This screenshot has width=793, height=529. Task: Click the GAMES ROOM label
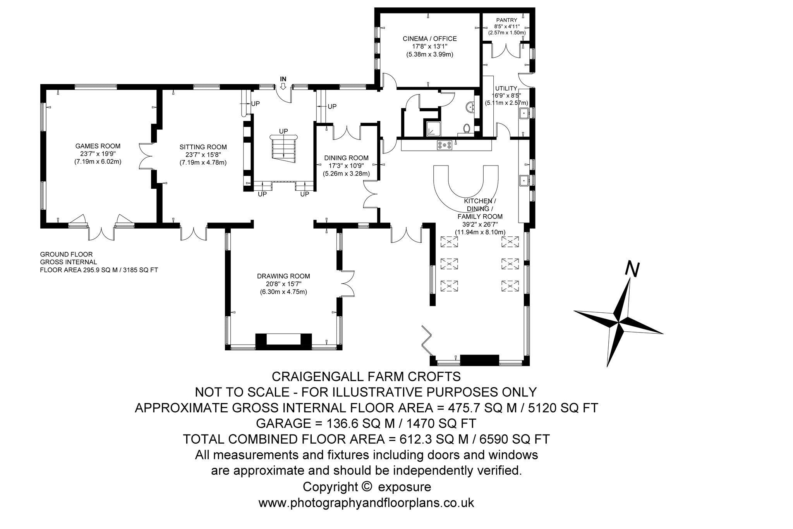click(98, 146)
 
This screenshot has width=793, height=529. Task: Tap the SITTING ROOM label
click(203, 147)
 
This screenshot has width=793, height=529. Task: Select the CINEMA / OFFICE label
click(430, 39)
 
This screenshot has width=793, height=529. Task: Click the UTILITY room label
click(506, 88)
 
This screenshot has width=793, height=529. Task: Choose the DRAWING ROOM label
click(283, 276)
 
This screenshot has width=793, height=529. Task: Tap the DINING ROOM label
click(346, 158)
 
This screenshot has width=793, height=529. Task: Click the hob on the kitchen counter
click(445, 145)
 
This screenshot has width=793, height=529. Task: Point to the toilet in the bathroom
click(467, 129)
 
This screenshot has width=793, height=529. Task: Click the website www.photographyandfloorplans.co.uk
click(366, 503)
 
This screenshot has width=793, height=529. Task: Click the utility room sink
click(524, 113)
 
